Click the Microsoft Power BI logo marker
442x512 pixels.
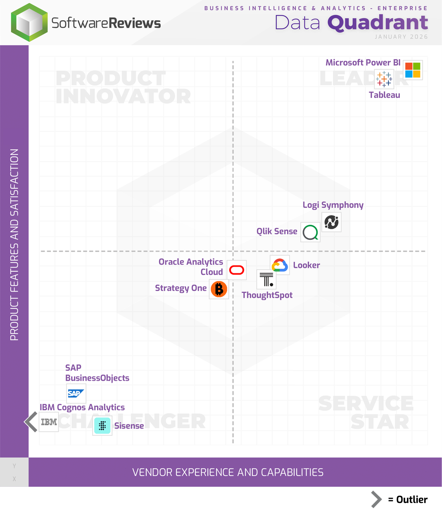pos(413,70)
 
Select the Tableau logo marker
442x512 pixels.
pos(384,78)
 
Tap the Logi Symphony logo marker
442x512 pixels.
pos(331,222)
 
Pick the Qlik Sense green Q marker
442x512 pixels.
pos(310,232)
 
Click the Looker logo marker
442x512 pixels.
pos(280,265)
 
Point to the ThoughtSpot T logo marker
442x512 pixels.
pos(266,280)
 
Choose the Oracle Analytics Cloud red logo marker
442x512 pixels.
pos(237,270)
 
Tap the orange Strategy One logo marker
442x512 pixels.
pos(219,289)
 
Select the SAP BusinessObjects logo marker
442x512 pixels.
pos(76,393)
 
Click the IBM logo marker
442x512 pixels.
pos(49,422)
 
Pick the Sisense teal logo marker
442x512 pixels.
pos(102,426)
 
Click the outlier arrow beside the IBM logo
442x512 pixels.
pos(31,422)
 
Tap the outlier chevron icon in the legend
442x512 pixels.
pos(376,500)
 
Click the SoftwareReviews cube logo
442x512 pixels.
pos(29,23)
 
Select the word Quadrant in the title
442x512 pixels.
pos(378,23)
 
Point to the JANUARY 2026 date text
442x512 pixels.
pos(401,37)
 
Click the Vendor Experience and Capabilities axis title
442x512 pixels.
pos(228,472)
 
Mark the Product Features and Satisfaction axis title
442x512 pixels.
pos(14,245)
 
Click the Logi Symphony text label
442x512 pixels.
pos(333,205)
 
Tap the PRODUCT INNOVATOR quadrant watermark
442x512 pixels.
pos(123,88)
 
